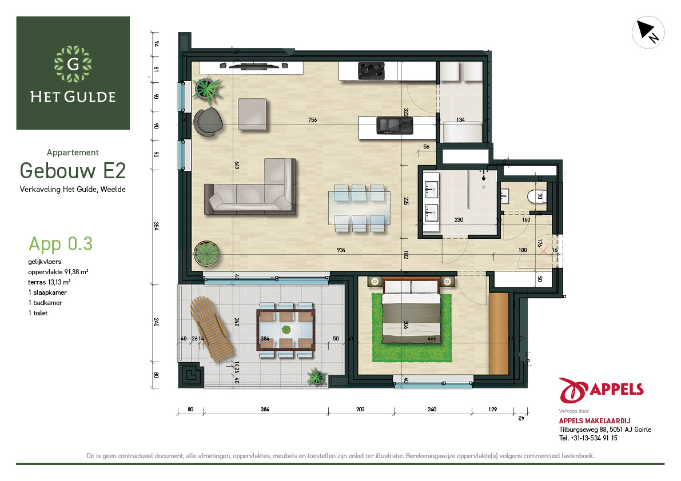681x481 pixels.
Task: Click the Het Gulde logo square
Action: (x=73, y=73)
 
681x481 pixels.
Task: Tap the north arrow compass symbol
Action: (x=648, y=32)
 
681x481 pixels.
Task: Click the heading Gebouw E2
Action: (x=73, y=170)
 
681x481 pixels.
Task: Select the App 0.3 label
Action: (x=61, y=244)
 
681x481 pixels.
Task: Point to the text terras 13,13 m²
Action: (x=50, y=282)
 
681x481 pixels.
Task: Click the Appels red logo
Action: (x=601, y=390)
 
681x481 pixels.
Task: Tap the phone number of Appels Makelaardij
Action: (x=588, y=438)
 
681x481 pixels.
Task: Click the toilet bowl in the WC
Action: (x=536, y=197)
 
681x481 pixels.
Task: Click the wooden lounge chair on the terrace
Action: (x=212, y=328)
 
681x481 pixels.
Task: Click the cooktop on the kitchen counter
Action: (x=371, y=71)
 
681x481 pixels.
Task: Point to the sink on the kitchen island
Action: (x=395, y=126)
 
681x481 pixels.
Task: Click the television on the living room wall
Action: (x=254, y=66)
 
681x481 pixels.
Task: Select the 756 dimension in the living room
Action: (x=313, y=120)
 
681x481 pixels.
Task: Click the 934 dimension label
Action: (x=341, y=250)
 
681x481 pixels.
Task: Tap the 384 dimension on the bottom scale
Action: (x=265, y=409)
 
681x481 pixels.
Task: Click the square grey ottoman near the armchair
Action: (x=252, y=114)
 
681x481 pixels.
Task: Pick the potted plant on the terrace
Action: (x=316, y=376)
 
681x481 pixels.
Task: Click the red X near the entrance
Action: (x=543, y=251)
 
